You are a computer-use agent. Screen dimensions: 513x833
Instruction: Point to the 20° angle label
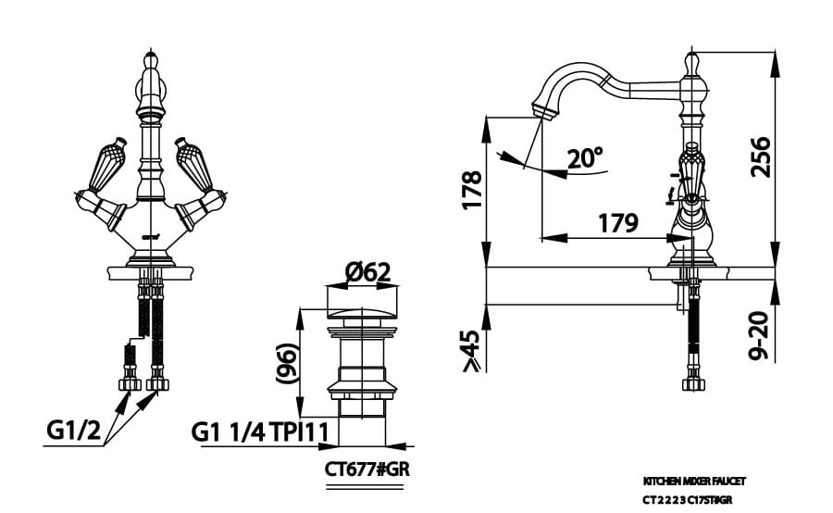pyautogui.click(x=585, y=158)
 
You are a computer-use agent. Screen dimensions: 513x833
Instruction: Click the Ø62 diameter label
pyautogui.click(x=367, y=272)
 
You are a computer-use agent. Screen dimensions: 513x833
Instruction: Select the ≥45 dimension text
pyautogui.click(x=471, y=351)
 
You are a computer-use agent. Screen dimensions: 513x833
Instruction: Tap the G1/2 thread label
pyautogui.click(x=73, y=431)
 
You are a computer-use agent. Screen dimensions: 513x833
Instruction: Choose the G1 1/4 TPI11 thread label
pyautogui.click(x=263, y=432)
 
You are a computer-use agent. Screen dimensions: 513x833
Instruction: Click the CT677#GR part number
pyautogui.click(x=367, y=468)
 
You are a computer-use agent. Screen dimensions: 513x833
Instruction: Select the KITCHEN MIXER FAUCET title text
pyautogui.click(x=694, y=482)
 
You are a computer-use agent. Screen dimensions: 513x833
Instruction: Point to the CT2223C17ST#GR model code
pyautogui.click(x=694, y=499)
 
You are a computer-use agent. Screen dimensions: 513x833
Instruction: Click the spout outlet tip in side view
pyautogui.click(x=543, y=111)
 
